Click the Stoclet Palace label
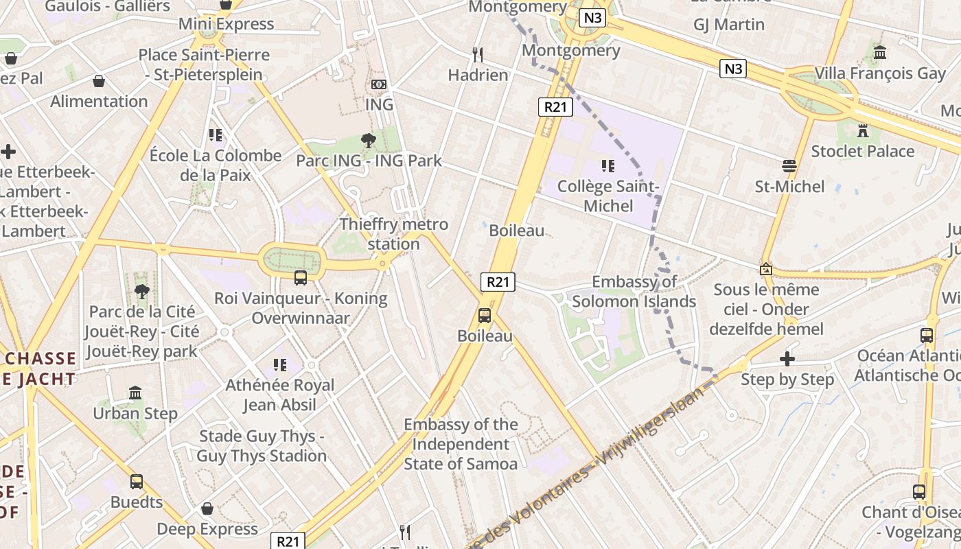click(863, 151)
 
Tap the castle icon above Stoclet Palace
click(863, 130)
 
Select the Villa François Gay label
click(880, 73)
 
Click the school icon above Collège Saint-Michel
click(607, 165)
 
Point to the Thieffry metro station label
click(394, 234)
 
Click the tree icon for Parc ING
click(369, 141)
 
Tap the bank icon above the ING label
click(378, 84)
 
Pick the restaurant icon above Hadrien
click(478, 54)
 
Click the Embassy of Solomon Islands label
click(634, 292)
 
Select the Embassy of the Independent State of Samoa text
click(461, 444)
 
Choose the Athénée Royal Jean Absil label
click(280, 395)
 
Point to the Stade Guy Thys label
click(262, 446)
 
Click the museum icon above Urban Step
click(135, 393)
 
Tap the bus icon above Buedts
click(137, 482)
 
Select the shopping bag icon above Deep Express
click(207, 509)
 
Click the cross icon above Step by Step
click(787, 359)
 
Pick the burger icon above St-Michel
click(789, 165)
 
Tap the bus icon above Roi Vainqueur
click(301, 278)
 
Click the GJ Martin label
click(729, 25)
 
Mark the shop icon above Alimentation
click(99, 81)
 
